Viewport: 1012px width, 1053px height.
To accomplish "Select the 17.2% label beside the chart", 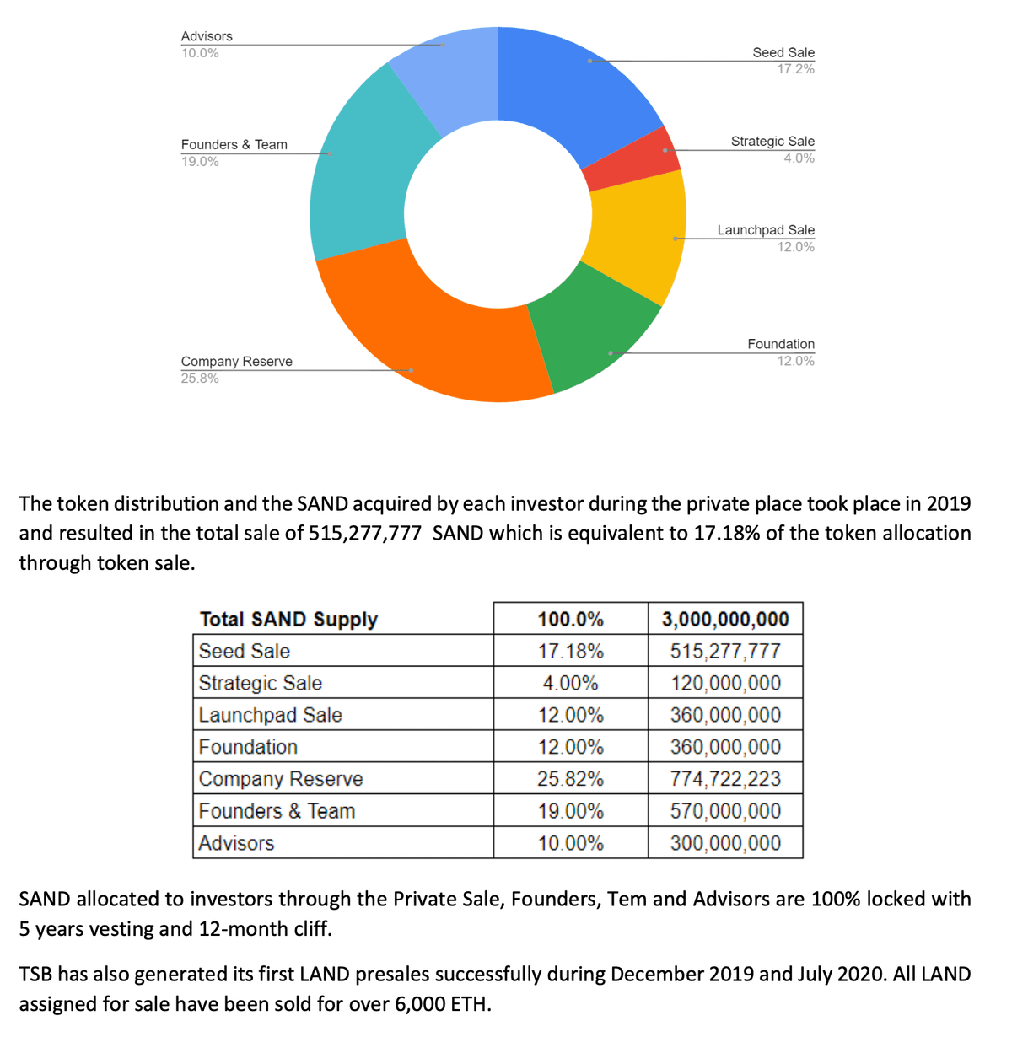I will point(795,69).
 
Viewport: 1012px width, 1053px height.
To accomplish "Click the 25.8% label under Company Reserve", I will point(200,379).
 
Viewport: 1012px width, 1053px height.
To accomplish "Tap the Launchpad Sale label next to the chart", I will point(766,230).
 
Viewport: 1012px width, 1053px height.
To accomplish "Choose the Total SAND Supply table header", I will point(288,619).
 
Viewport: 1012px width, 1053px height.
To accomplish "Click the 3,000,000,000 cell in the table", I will point(725,619).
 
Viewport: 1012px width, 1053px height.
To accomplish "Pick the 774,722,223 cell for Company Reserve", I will point(725,779).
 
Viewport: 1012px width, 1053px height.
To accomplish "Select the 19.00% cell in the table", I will point(571,811).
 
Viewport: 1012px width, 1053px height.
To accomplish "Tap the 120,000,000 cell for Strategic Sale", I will point(725,683).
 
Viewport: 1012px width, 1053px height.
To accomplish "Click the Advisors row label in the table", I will point(236,843).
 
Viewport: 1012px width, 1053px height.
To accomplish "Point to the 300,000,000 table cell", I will point(725,843).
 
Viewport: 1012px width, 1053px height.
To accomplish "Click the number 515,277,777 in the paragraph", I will point(364,534).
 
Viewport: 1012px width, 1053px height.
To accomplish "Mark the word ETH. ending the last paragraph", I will point(470,1004).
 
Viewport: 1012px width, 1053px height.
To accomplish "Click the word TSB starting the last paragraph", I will point(35,975).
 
